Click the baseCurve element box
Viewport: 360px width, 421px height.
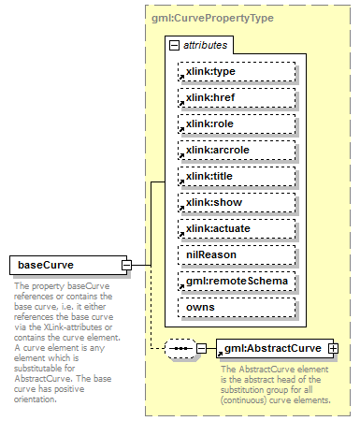click(x=67, y=265)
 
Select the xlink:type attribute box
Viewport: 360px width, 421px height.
click(x=237, y=71)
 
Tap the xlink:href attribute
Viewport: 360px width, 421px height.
click(x=237, y=97)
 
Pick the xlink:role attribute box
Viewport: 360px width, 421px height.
click(x=237, y=123)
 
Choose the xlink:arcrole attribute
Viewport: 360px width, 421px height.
click(x=237, y=150)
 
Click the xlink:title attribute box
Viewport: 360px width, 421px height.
click(x=237, y=176)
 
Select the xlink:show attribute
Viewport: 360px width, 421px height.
click(x=237, y=202)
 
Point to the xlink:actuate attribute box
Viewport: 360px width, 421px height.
click(x=237, y=228)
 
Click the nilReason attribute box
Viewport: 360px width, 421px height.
click(x=237, y=254)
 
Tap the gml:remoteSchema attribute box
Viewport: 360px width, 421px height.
click(x=237, y=281)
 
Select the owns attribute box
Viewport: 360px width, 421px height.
click(x=237, y=307)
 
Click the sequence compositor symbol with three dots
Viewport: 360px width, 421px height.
click(x=178, y=349)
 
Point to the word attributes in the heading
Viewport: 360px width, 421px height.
click(x=205, y=45)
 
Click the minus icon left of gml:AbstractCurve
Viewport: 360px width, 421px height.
click(x=203, y=349)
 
